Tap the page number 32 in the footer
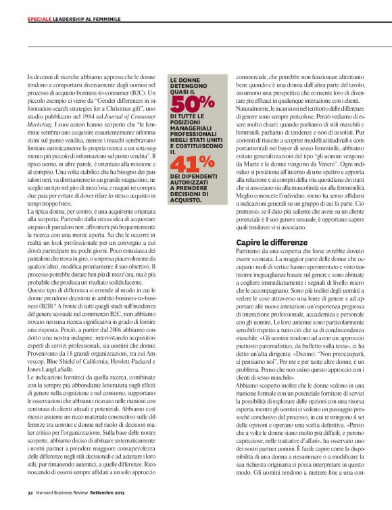(x=30, y=492)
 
